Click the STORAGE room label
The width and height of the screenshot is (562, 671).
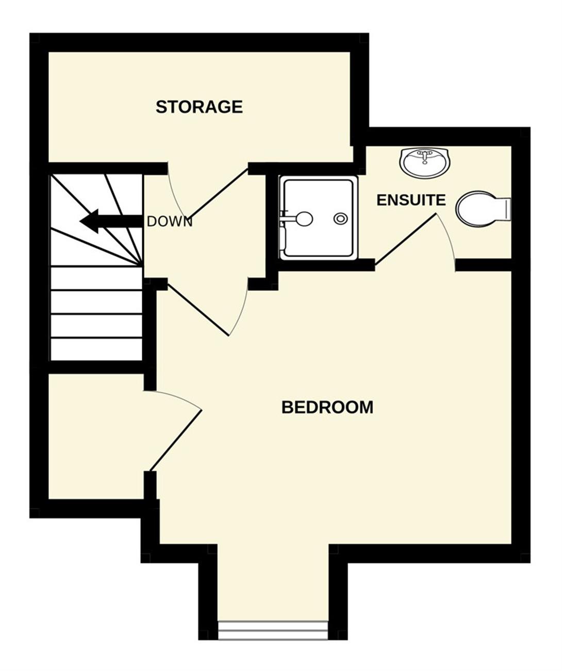[x=199, y=107]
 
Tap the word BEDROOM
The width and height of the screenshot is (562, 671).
[x=327, y=407]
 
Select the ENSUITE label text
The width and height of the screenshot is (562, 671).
[x=411, y=200]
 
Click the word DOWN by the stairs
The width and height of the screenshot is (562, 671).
[x=170, y=222]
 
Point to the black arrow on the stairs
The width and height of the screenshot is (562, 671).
[x=111, y=221]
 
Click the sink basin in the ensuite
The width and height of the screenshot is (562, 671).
[x=425, y=163]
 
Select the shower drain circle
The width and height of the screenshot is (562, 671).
[x=340, y=219]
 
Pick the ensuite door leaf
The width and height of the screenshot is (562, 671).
[x=406, y=239]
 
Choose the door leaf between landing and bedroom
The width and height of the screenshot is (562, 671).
[x=199, y=310]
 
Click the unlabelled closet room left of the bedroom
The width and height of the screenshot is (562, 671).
[x=96, y=436]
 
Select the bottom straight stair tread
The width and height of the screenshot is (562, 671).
[x=96, y=349]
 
